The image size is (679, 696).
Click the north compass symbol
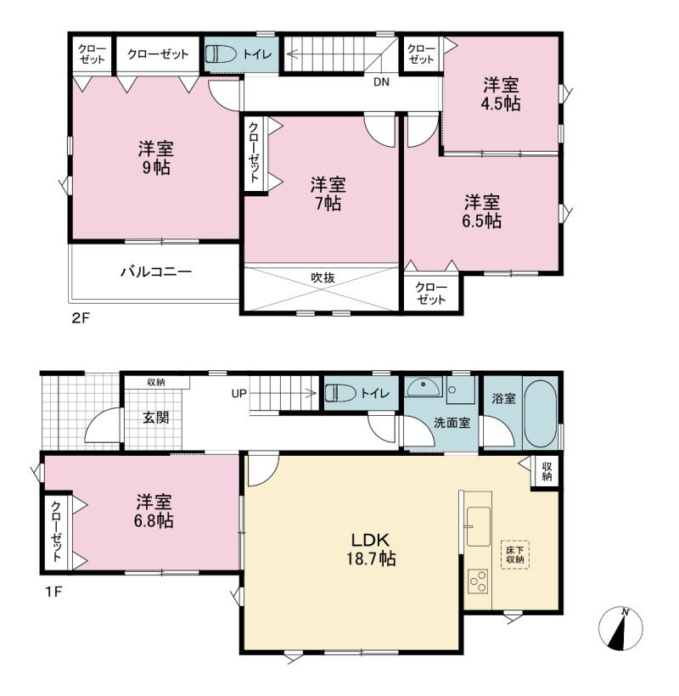(x=620, y=629)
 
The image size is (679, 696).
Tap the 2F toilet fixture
(x=221, y=54)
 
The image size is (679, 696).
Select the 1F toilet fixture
(x=341, y=393)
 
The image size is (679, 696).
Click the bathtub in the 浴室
(x=540, y=413)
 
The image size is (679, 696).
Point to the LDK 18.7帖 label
(x=371, y=549)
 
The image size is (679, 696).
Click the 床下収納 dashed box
(x=515, y=554)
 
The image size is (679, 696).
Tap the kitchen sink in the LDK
(x=479, y=527)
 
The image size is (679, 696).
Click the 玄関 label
(x=155, y=418)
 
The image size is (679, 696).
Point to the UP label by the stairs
(x=239, y=394)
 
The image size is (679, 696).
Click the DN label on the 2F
(x=381, y=82)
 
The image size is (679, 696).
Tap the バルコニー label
(x=156, y=272)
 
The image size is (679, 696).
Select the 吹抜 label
(x=323, y=278)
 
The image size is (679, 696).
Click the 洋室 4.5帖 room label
(x=501, y=94)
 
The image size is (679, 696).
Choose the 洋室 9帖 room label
(x=155, y=158)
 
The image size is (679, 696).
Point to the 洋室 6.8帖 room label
(x=154, y=511)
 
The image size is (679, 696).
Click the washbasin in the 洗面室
(x=424, y=388)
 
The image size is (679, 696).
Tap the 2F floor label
(x=81, y=318)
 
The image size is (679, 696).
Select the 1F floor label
(x=53, y=592)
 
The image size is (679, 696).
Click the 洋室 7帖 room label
(x=328, y=194)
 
